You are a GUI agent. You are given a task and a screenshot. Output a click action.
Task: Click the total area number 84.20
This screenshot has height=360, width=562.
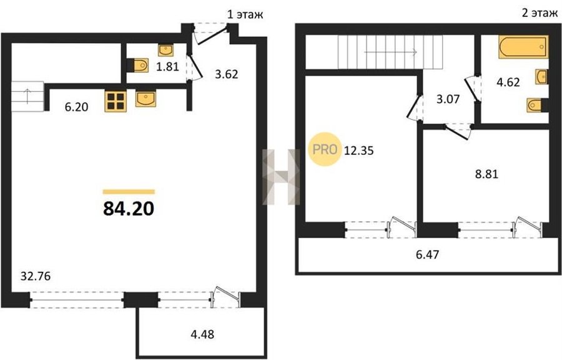tap(129, 209)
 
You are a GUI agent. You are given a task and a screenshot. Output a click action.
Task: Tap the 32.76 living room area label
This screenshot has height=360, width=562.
tap(36, 276)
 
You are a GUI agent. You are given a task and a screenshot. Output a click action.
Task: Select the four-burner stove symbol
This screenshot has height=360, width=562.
tap(116, 101)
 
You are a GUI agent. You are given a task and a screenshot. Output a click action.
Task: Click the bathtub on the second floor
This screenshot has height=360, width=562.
tap(523, 47)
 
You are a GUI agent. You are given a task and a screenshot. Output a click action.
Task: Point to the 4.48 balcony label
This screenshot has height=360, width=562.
tap(202, 334)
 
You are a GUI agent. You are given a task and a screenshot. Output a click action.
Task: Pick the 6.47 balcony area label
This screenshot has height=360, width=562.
tap(427, 255)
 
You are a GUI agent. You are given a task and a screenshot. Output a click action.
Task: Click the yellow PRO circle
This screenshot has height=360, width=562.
tap(324, 149)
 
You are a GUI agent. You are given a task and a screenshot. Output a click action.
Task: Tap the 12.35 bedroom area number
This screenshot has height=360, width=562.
tap(359, 150)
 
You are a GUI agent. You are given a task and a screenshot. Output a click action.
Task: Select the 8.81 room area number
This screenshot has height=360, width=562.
tap(486, 174)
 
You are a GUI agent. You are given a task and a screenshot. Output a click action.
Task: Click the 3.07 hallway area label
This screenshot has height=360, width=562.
tap(448, 99)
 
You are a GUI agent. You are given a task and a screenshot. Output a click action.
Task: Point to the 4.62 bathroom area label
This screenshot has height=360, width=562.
tap(508, 82)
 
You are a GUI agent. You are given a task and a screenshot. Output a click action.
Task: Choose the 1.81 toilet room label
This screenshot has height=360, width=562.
tap(167, 66)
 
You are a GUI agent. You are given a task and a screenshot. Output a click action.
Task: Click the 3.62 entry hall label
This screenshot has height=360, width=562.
tap(227, 74)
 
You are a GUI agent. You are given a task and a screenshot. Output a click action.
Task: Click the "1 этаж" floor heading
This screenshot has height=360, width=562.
tap(245, 14)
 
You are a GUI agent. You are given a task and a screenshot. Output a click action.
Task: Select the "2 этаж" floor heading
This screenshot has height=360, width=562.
tap(540, 14)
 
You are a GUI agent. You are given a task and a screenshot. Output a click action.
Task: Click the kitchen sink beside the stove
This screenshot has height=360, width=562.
tap(145, 99)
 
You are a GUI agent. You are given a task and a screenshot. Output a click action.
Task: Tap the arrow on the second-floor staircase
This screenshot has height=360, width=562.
tap(390, 52)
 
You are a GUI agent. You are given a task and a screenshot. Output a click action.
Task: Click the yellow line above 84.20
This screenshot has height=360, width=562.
tap(129, 192)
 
